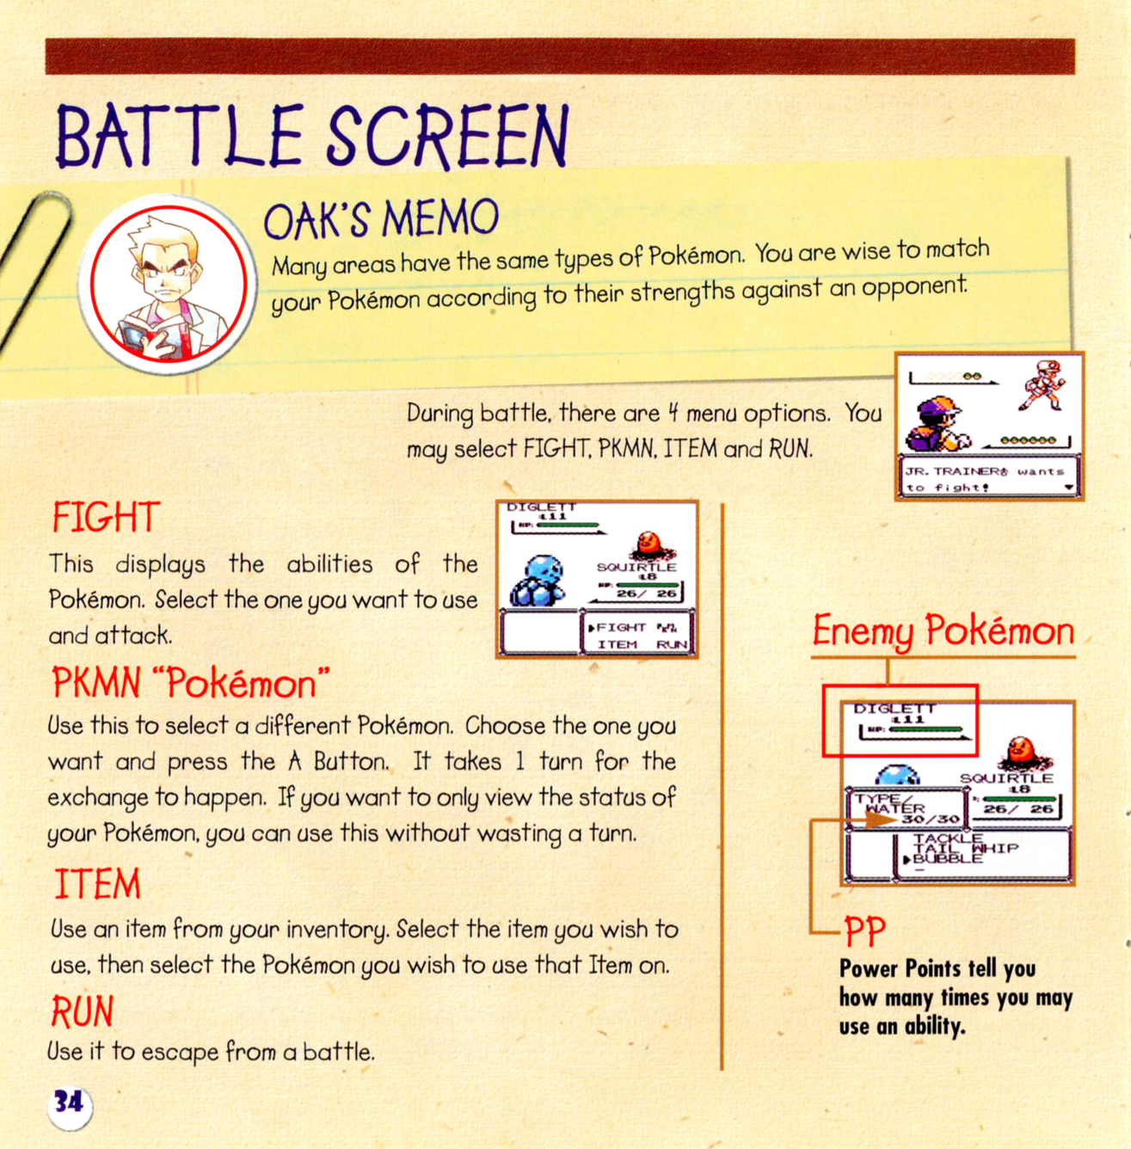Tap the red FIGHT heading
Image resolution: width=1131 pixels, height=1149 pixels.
106,516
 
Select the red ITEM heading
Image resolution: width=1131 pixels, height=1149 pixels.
97,883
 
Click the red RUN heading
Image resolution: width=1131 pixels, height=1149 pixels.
83,1011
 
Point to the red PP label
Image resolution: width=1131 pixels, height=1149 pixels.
865,931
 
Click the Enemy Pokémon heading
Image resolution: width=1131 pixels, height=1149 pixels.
944,631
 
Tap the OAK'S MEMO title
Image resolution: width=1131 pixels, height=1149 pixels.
381,218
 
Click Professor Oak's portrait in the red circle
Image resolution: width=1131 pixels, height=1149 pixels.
169,284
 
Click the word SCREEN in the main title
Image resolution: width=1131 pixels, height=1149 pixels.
447,136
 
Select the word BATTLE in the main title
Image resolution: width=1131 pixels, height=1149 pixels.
179,136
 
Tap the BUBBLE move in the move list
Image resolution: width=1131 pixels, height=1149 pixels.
945,858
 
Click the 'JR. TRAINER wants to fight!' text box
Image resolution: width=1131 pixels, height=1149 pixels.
990,476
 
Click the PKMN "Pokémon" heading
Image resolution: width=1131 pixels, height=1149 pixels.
191,682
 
